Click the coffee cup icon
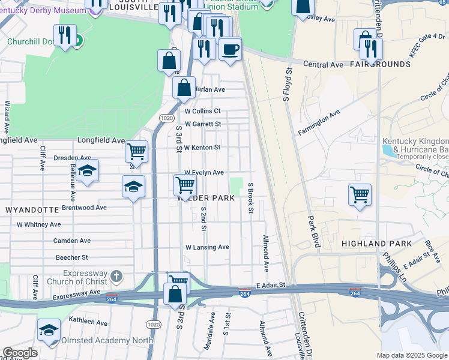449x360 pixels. coord(229,49)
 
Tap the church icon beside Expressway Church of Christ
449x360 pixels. coord(116,277)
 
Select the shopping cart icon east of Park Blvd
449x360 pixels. coord(360,194)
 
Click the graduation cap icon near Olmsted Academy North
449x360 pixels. coord(49,329)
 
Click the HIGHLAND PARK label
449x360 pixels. coord(376,244)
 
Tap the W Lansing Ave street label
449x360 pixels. coord(207,247)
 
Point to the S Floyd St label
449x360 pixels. coord(287,84)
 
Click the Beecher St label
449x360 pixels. coord(72,257)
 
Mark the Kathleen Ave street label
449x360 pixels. coord(89,322)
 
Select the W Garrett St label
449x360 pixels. coord(203,124)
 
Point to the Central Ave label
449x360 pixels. coord(323,64)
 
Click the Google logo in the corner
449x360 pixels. coord(20,353)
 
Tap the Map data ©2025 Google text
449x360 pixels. coord(411,355)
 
